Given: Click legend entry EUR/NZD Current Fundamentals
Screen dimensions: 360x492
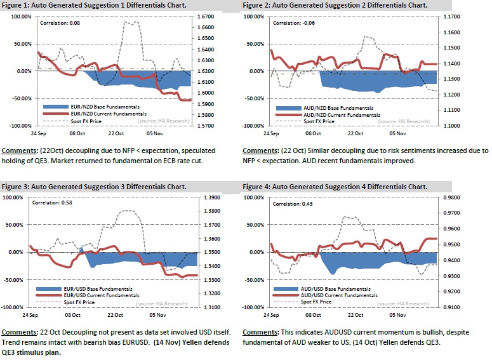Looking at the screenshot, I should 98,113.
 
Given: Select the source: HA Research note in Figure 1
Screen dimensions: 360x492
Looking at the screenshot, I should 170,119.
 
